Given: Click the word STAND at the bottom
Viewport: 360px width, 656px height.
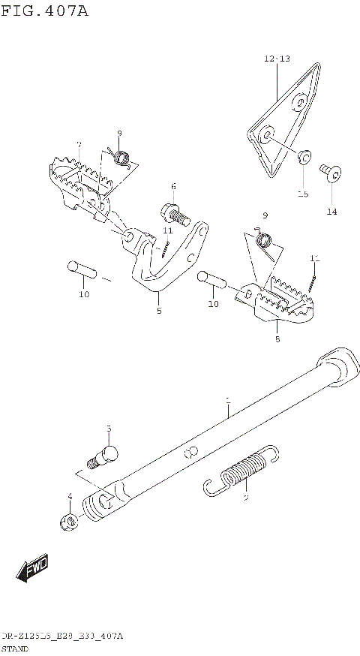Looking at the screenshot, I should tap(15, 647).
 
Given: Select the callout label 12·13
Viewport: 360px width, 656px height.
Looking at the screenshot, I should tap(276, 59).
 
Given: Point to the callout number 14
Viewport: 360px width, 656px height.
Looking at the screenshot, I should tap(331, 212).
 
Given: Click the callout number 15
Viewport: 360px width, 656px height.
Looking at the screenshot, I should tap(302, 194).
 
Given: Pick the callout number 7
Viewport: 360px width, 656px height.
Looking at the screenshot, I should tap(79, 144).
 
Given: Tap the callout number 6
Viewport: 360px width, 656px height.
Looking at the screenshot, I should tap(172, 186).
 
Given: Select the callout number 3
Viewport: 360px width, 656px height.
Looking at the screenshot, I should tap(108, 429).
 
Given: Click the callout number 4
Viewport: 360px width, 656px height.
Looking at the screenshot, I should tap(70, 496).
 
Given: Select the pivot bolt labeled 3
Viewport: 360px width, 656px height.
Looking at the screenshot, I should tap(102, 456).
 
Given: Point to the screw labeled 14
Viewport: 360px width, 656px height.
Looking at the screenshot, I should tap(330, 174).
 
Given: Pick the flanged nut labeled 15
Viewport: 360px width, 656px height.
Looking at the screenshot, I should tap(304, 156).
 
